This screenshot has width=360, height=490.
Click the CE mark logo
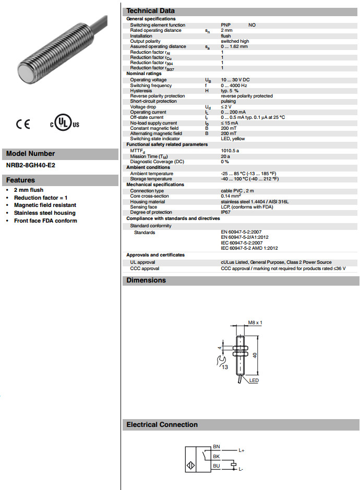(23, 124)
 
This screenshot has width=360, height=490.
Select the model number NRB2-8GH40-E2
(31, 165)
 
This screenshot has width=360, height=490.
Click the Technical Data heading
(150, 10)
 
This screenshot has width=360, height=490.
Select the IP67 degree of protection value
(226, 212)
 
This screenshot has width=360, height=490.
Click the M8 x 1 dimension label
(255, 323)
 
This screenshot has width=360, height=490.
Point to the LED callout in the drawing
(254, 381)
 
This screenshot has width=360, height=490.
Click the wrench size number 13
(225, 367)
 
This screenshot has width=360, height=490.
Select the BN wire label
(217, 447)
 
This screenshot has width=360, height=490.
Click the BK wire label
(217, 457)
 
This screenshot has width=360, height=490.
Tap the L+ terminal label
(242, 449)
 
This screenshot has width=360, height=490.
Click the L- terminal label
(241, 469)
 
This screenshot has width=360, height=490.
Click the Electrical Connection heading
(162, 425)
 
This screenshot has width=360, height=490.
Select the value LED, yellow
(233, 139)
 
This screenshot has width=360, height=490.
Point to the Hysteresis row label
(141, 91)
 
